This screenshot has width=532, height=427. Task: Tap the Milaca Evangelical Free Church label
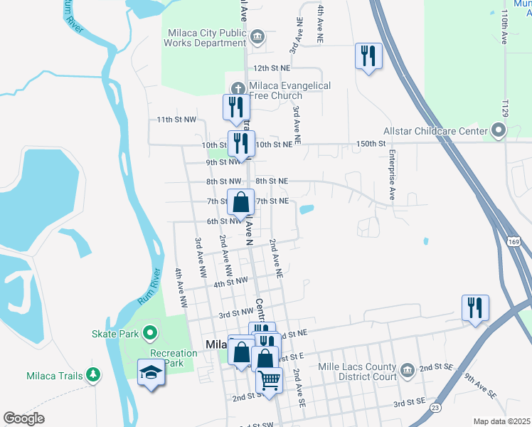290,90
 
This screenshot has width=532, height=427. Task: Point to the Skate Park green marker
149,332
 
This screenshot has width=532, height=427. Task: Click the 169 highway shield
512,243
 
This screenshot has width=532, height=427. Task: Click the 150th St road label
370,144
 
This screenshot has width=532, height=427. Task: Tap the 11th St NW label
176,120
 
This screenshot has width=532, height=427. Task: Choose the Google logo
23,418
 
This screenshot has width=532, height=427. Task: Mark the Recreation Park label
174,358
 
